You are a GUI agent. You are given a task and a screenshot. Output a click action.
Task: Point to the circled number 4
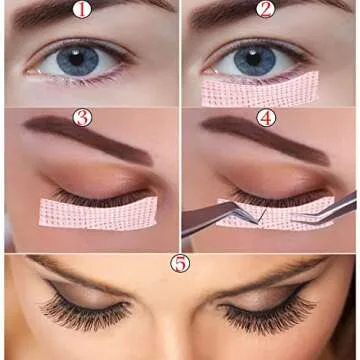click(x=265, y=117)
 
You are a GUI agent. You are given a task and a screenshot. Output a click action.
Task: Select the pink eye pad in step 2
click(x=262, y=91)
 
